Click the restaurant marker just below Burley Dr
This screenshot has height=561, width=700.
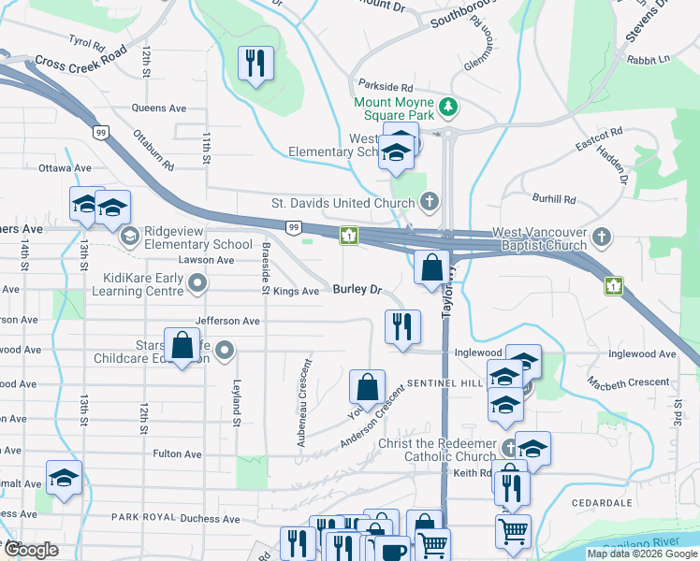402,327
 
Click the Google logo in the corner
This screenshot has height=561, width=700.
30,550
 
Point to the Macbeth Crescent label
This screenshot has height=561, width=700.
628,382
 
